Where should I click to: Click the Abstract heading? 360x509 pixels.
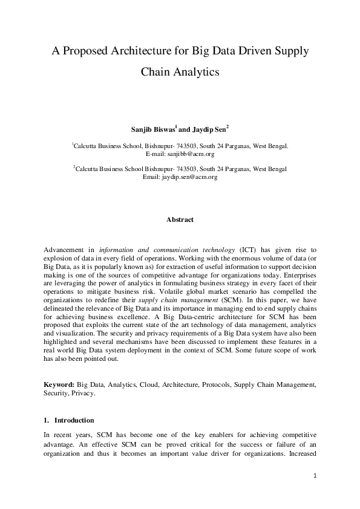pyautogui.click(x=180, y=220)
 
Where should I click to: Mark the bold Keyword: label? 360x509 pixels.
pyautogui.click(x=59, y=384)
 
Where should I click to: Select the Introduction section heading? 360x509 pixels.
pyautogui.click(x=74, y=420)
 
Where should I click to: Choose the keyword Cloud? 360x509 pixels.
pyautogui.click(x=149, y=384)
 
